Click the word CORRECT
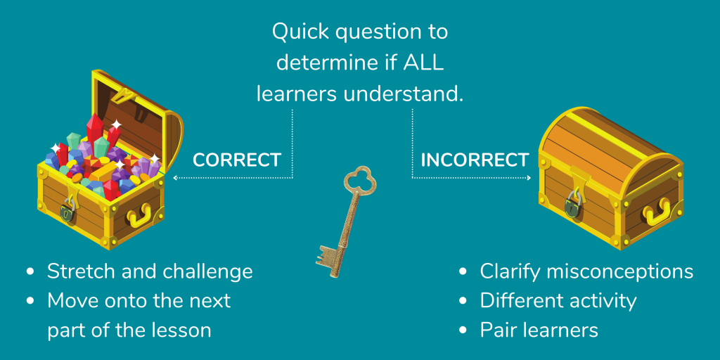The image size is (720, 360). (x=237, y=160)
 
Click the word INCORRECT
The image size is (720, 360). (x=475, y=160)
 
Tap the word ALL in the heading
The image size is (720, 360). (x=425, y=62)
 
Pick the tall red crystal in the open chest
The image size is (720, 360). (x=94, y=131)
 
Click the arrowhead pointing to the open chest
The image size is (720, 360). (x=176, y=178)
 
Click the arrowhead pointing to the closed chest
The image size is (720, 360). (x=528, y=178)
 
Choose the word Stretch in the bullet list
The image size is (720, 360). (x=79, y=271)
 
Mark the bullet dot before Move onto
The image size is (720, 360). (x=30, y=300)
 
